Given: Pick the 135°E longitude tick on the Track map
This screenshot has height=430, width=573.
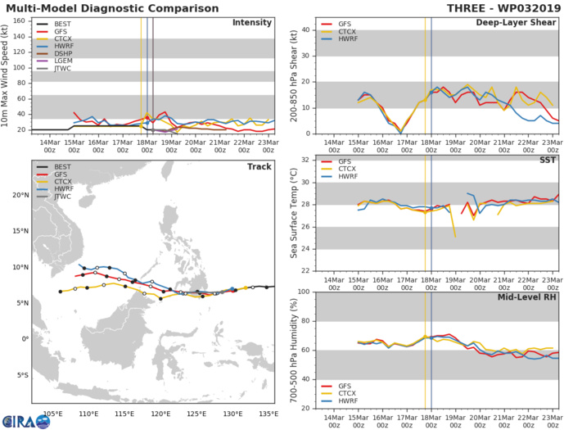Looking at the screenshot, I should tap(268, 414).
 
